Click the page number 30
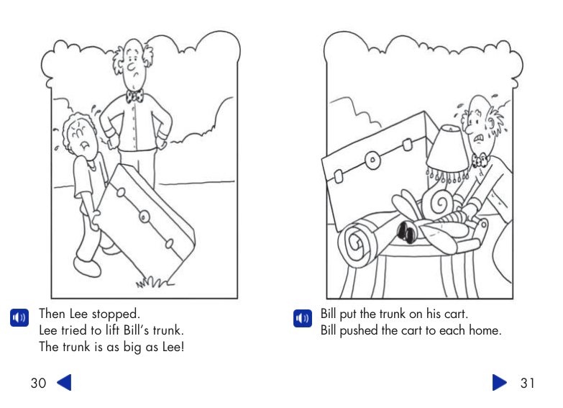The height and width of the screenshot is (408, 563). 38,383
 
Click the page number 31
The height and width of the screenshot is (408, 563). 527,383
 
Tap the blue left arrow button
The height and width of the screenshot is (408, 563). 64,382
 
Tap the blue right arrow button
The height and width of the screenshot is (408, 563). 500,382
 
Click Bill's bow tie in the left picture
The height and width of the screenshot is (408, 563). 134,96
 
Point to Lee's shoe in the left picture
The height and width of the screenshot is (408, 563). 87,268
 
